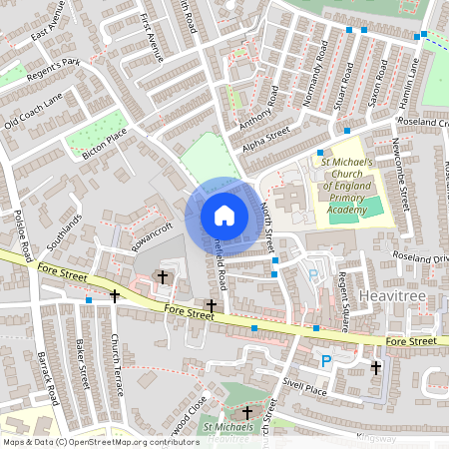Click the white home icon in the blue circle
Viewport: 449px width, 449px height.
pos(224,215)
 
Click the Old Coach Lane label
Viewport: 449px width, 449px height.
pos(33,110)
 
